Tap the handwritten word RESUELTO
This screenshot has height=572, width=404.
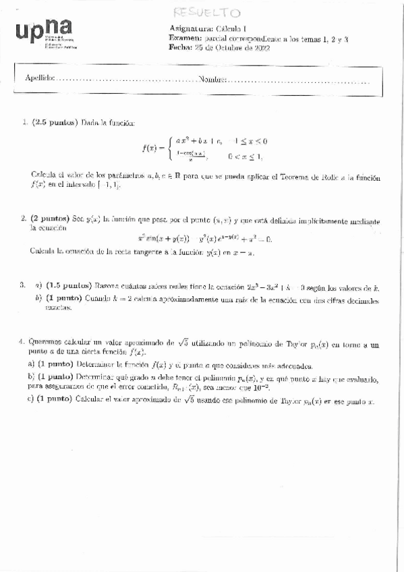click(206, 13)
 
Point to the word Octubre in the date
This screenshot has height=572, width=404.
click(227, 47)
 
